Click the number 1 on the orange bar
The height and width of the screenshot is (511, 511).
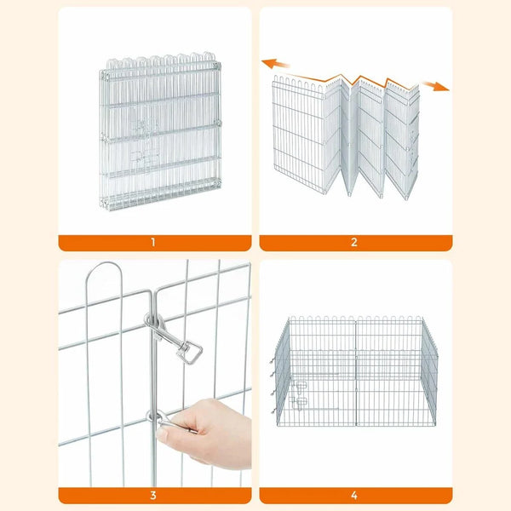click(153, 243)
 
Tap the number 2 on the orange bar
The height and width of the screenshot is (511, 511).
click(355, 243)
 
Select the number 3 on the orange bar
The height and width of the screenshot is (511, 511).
click(153, 495)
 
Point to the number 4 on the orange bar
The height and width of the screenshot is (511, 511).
click(355, 495)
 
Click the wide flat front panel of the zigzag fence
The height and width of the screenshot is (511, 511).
click(305, 136)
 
